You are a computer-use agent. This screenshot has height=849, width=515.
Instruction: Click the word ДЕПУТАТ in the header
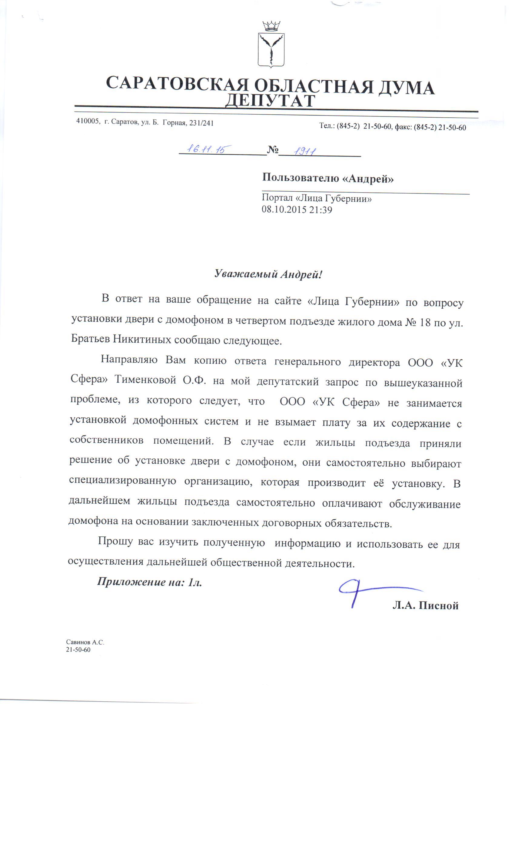pos(270,101)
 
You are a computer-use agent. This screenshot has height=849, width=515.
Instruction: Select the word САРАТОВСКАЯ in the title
pos(177,84)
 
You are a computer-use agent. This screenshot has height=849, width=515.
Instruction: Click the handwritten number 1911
pos(305,151)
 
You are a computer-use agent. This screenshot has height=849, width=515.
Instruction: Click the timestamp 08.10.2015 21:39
pos(297,210)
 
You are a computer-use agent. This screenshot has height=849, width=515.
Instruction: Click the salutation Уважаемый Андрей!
pos(268,274)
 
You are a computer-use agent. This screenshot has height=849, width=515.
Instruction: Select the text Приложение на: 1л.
pos(149,582)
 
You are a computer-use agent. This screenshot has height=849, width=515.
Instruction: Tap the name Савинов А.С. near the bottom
pos(85,642)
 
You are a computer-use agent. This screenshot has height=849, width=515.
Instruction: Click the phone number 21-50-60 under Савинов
pos(78,650)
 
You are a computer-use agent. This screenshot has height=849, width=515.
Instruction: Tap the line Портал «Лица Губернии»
pos(316,199)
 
